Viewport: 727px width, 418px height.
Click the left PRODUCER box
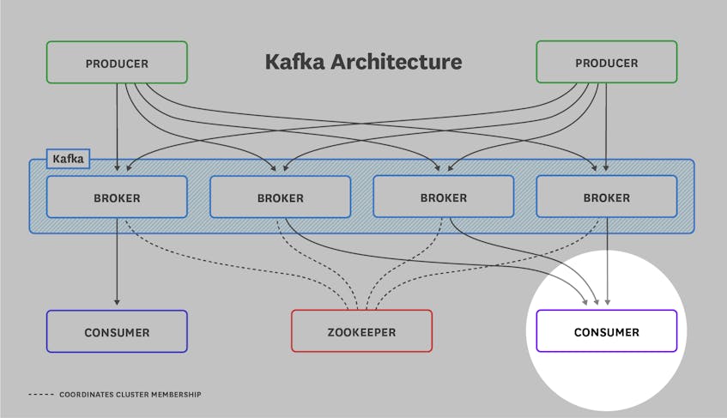pyautogui.click(x=116, y=63)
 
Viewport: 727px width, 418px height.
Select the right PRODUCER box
pyautogui.click(x=606, y=63)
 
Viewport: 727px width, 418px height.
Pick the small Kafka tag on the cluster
pyautogui.click(x=69, y=159)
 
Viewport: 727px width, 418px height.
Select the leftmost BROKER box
pyautogui.click(x=116, y=197)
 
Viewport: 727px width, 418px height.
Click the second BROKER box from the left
pyautogui.click(x=280, y=197)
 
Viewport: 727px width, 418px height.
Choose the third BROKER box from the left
pyautogui.click(x=443, y=197)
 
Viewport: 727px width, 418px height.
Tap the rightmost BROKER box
pyautogui.click(x=606, y=197)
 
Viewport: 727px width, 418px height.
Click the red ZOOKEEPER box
pyautogui.click(x=361, y=331)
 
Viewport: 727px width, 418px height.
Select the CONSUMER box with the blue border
pyautogui.click(x=116, y=331)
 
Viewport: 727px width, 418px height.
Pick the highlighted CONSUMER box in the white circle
pyautogui.click(x=606, y=331)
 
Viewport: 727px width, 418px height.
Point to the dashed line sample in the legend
pyautogui.click(x=40, y=395)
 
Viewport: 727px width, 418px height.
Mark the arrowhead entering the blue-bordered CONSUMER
pyautogui.click(x=117, y=301)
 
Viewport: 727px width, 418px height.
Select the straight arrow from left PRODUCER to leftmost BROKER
pyautogui.click(x=117, y=120)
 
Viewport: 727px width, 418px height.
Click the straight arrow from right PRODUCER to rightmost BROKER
pyautogui.click(x=607, y=120)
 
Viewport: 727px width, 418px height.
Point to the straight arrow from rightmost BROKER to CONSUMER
pyautogui.click(x=608, y=257)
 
